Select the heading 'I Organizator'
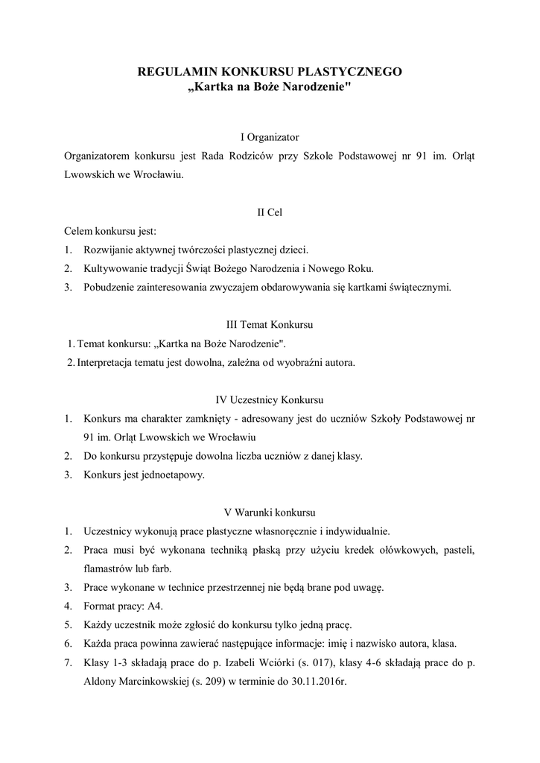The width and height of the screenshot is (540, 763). [270, 137]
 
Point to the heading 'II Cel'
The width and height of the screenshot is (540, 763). [270, 212]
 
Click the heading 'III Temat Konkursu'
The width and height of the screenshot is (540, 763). [270, 325]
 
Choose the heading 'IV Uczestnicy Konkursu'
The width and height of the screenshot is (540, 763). [270, 399]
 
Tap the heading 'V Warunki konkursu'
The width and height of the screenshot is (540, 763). [270, 513]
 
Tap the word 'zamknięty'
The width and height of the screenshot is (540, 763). [215, 419]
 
